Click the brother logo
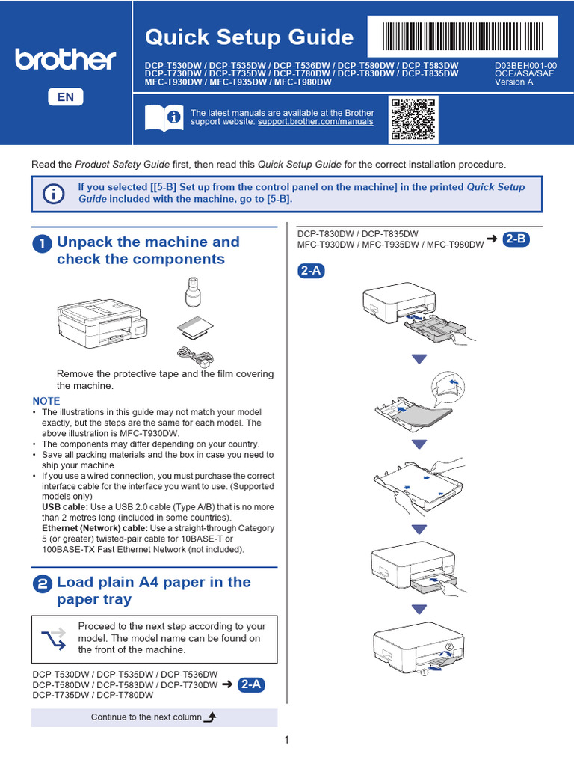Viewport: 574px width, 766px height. tap(66, 60)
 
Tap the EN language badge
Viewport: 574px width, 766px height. tap(66, 96)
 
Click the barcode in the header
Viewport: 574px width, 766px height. tap(462, 36)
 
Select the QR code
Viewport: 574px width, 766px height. tap(413, 120)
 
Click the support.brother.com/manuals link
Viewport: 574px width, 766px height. tap(315, 122)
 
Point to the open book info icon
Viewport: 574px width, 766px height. tap(164, 117)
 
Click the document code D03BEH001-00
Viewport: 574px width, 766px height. tap(525, 66)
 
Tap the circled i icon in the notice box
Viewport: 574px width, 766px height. tap(53, 194)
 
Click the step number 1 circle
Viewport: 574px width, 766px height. tap(42, 244)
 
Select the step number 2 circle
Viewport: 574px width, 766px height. tap(42, 583)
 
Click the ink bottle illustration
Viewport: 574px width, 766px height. tap(194, 292)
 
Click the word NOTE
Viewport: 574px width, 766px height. tap(46, 401)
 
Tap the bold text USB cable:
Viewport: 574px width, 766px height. tap(66, 507)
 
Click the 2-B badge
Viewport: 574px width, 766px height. tap(516, 239)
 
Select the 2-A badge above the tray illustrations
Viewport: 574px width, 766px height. tap(312, 271)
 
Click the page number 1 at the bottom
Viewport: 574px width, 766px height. tap(286, 740)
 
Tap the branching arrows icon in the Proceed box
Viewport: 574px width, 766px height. tap(54, 639)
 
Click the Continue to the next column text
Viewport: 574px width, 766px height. tap(146, 717)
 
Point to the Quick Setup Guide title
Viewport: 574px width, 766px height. tap(250, 37)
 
